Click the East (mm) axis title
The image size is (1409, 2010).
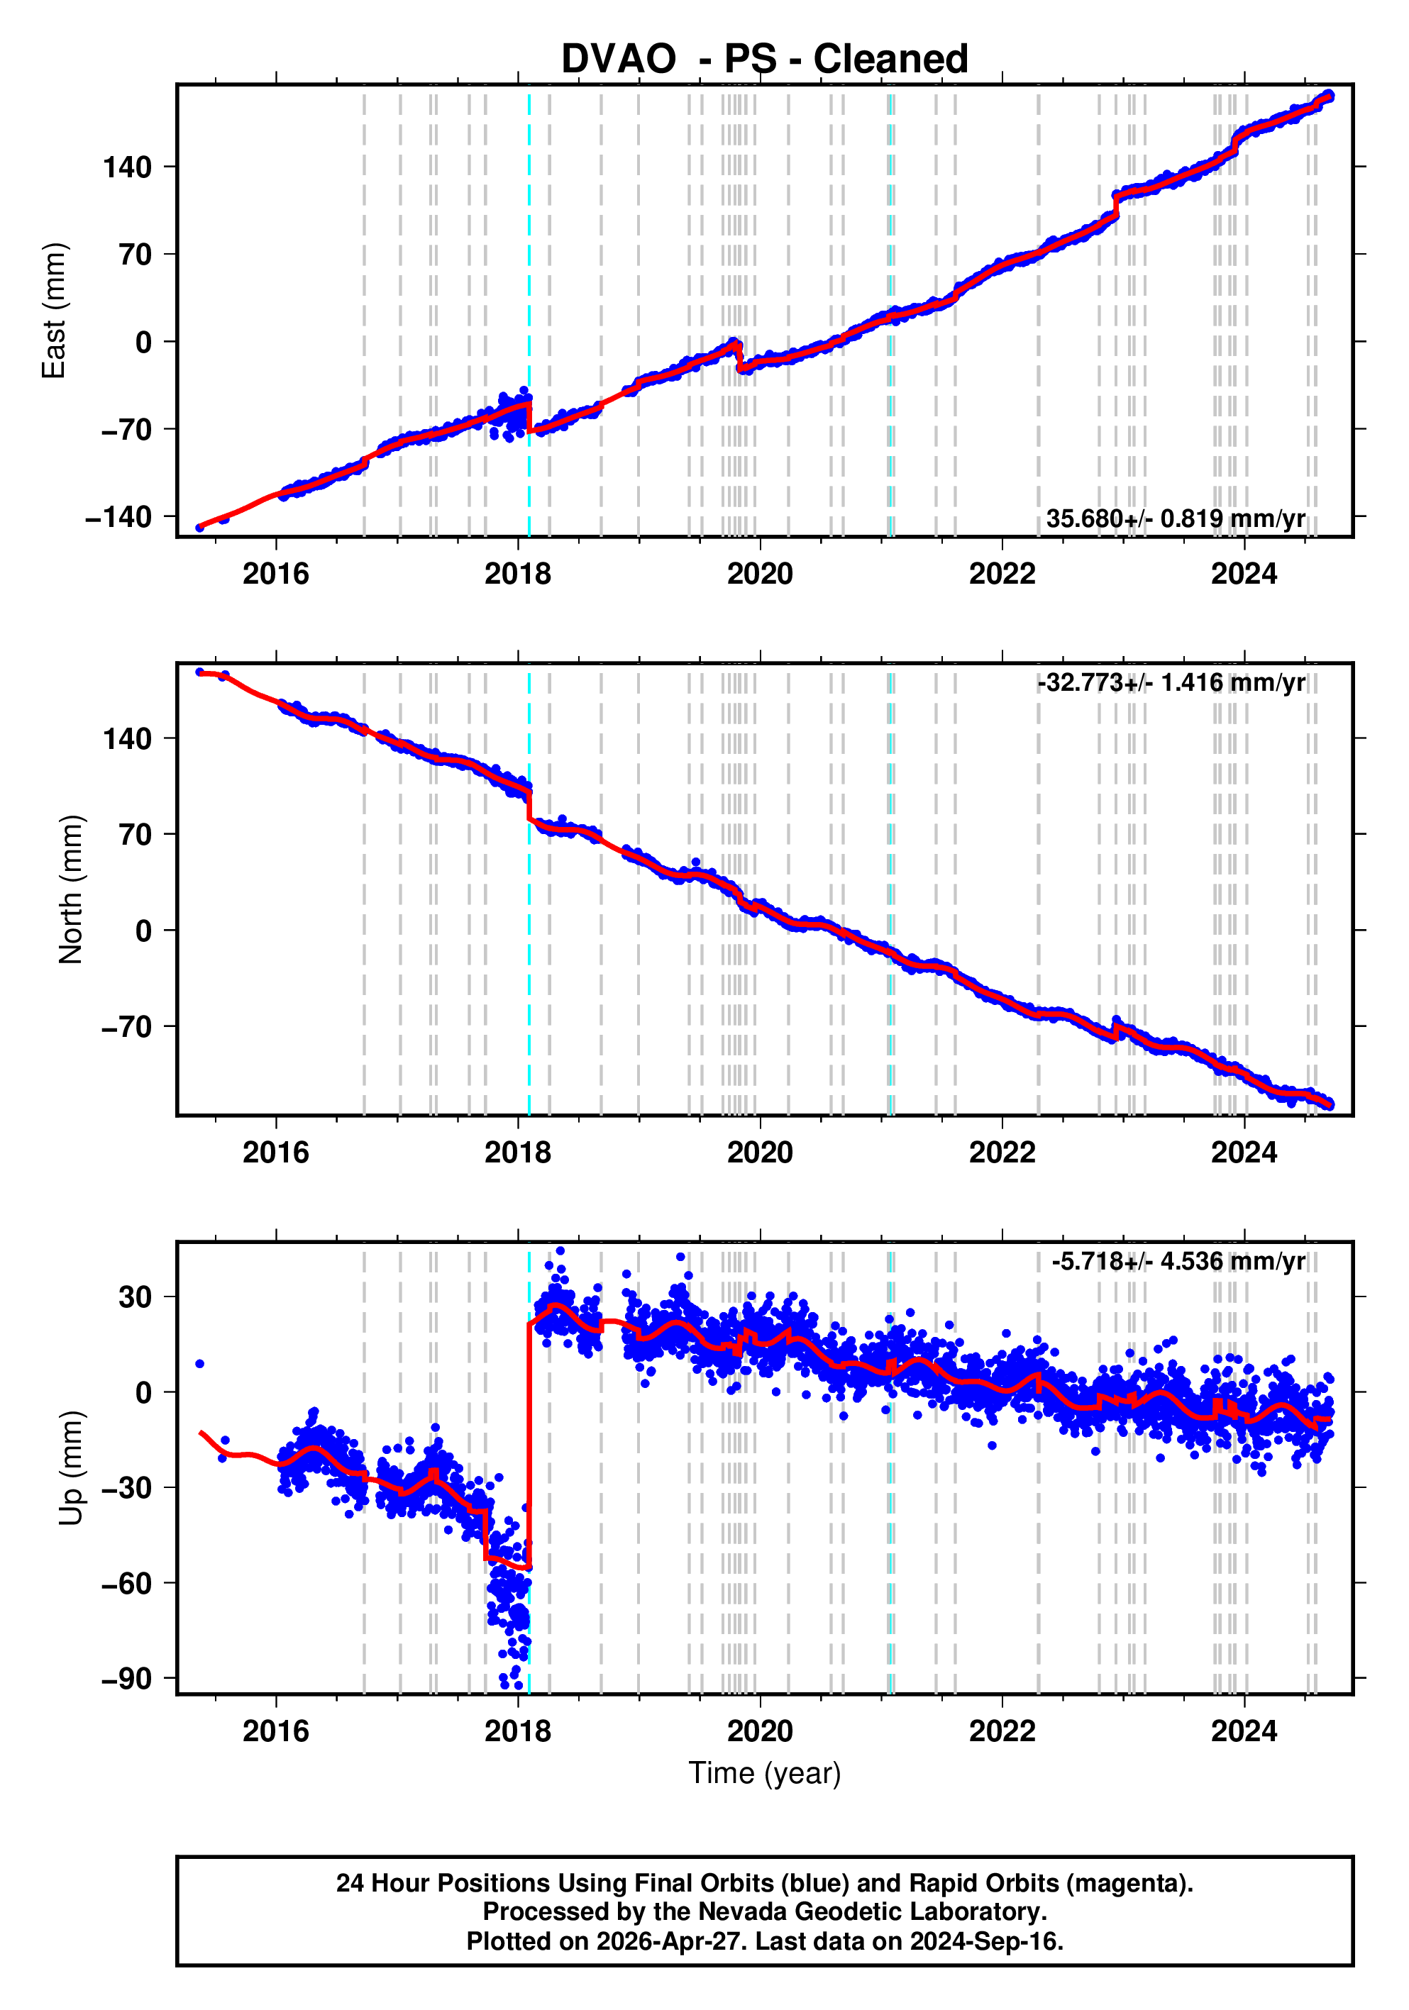(x=55, y=311)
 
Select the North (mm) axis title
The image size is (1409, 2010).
(x=71, y=889)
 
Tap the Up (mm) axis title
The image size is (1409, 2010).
(x=71, y=1468)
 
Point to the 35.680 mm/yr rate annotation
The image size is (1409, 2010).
(x=1175, y=519)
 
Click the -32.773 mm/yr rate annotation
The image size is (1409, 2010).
(x=1171, y=682)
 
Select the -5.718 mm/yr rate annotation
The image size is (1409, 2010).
(x=1178, y=1262)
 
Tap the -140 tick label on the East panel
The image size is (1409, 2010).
(x=118, y=517)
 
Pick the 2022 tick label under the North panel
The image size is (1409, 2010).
(x=1002, y=1153)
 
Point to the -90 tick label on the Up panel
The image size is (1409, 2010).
(x=126, y=1679)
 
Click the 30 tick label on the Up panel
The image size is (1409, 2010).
(x=135, y=1297)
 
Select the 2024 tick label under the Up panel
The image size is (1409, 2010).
(x=1244, y=1731)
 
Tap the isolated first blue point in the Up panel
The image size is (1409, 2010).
(x=199, y=1364)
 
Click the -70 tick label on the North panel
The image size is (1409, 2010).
(x=126, y=1026)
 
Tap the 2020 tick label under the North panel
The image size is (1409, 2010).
(x=759, y=1153)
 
